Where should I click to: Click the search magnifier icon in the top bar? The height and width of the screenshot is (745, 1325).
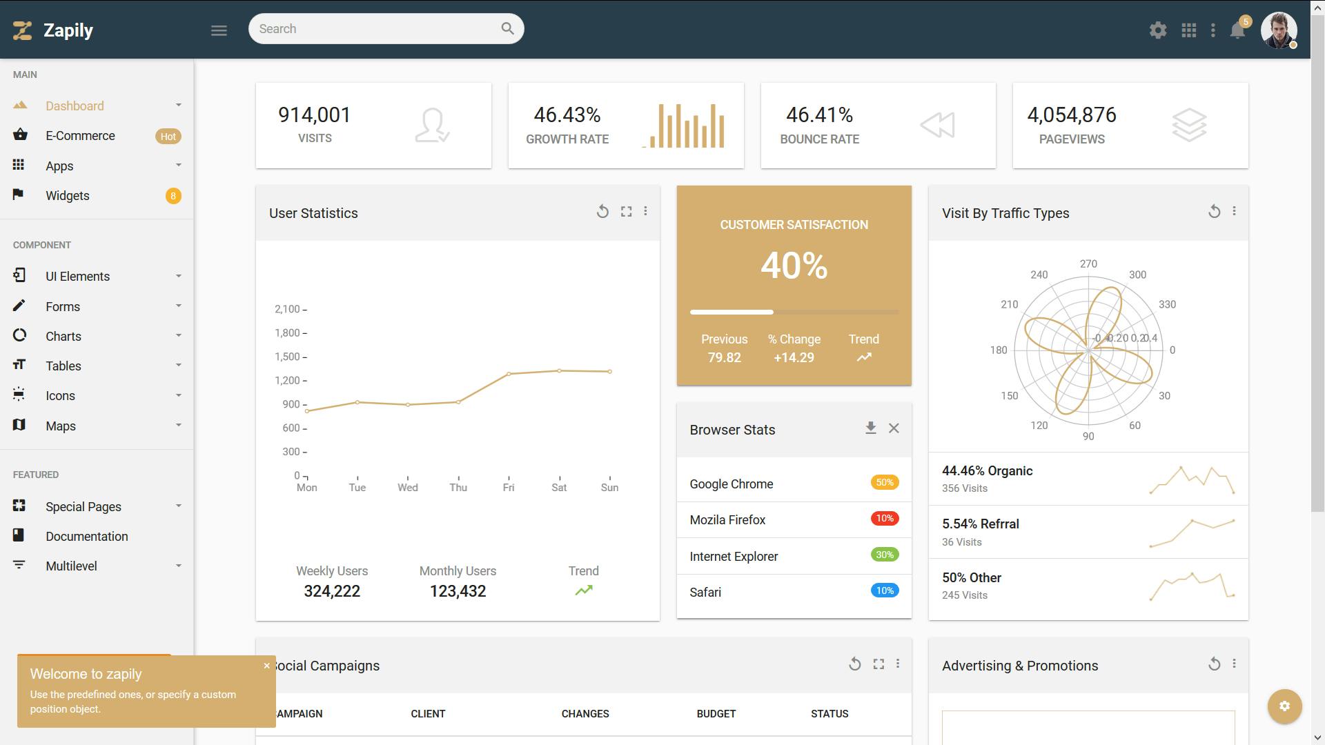507,28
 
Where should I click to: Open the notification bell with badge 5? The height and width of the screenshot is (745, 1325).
1238,30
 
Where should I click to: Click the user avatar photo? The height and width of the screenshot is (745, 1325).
1279,30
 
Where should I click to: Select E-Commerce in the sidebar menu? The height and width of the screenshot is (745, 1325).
80,136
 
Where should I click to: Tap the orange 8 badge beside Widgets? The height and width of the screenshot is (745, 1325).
173,196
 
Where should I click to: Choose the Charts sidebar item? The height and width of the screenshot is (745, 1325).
63,336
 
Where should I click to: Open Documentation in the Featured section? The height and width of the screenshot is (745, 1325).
87,536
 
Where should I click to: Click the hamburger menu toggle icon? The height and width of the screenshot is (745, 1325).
219,30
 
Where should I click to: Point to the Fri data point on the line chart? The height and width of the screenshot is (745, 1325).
509,374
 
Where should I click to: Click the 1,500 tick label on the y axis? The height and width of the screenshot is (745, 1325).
287,357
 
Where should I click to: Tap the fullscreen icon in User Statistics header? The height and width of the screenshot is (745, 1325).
626,212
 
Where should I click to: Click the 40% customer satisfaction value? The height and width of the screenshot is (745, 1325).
794,266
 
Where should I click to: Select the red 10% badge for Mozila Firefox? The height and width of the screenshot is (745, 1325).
885,518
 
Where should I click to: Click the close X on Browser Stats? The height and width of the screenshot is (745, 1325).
894,428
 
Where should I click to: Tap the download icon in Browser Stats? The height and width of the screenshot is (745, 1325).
871,428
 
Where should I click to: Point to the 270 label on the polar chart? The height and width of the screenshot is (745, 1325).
1088,264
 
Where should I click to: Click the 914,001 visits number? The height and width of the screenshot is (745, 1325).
315,115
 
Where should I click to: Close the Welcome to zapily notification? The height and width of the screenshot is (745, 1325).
266,666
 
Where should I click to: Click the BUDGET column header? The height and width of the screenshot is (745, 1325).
716,714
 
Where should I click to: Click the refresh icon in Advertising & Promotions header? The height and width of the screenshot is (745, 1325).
1214,664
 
